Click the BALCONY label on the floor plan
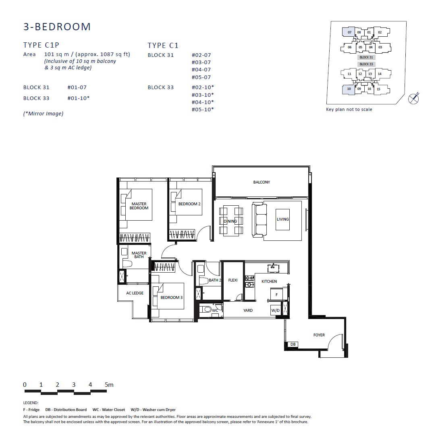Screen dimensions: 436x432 262,182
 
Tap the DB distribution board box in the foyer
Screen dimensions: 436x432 293,344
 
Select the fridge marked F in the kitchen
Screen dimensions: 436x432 276,294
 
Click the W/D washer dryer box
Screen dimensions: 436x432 275,310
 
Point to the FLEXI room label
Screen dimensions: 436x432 233,280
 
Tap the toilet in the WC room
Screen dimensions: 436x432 206,309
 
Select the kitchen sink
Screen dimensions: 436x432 273,268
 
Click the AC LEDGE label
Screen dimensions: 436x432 135,293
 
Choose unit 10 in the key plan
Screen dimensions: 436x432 349,89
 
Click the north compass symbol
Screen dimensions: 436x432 413,98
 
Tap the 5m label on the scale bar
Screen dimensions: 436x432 109,385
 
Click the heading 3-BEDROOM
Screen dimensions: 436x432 57,27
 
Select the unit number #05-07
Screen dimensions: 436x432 201,77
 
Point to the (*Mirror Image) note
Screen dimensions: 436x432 44,114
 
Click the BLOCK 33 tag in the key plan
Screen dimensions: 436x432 366,64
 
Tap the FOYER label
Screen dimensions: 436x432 319,335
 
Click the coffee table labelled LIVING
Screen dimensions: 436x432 282,219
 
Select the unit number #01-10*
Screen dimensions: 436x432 79,98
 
